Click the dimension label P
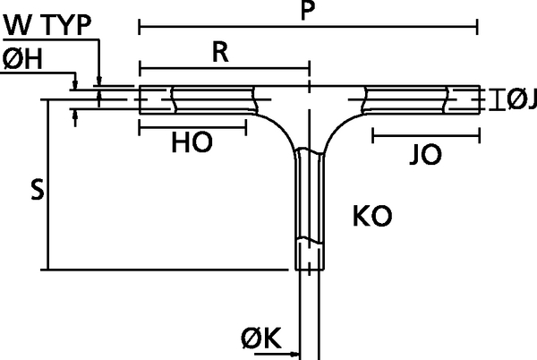coord(308,12)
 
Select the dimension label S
coord(36,189)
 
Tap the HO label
coord(192,144)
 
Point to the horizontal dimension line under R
coord(224,67)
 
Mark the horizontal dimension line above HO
coord(192,125)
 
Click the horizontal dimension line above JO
coord(424,137)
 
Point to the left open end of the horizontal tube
coord(141,99)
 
